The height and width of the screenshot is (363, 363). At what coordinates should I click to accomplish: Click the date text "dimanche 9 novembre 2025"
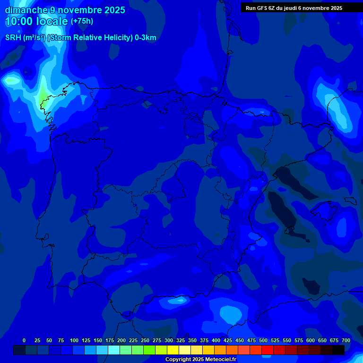(65, 10)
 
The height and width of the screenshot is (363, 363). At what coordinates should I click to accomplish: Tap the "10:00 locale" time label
(36, 21)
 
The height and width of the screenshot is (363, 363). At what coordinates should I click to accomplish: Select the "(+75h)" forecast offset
(82, 21)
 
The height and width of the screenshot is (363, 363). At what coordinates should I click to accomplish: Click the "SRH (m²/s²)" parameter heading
(25, 38)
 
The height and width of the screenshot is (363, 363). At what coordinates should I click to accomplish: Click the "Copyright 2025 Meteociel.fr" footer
(200, 359)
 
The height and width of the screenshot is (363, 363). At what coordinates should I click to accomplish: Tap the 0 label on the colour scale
(24, 340)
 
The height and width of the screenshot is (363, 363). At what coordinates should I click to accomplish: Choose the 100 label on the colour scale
(74, 340)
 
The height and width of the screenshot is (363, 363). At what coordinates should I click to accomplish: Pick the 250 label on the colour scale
(145, 340)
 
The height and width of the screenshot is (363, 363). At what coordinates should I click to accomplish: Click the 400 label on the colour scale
(216, 340)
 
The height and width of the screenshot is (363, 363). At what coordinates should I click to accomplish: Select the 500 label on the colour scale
(263, 340)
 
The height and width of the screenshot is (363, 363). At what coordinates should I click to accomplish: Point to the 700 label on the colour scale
(346, 340)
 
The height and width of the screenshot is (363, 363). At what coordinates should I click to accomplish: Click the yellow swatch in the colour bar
(173, 350)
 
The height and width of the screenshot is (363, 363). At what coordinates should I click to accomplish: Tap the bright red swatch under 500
(268, 350)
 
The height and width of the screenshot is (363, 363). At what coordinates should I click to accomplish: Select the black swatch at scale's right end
(338, 350)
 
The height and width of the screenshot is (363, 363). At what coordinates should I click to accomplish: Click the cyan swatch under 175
(114, 350)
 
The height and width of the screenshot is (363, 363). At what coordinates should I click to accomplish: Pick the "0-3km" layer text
(145, 38)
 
